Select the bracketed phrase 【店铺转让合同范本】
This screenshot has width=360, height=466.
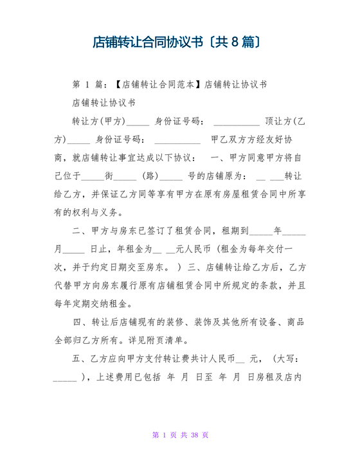[158, 84]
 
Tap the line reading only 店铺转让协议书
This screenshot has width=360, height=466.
[104, 102]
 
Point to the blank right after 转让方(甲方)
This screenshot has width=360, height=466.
[138, 121]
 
